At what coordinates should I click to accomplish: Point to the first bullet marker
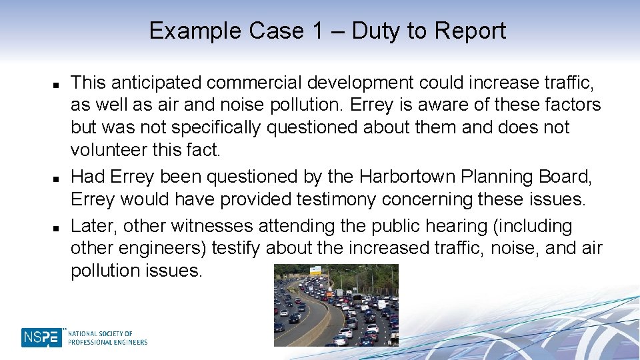point(57,85)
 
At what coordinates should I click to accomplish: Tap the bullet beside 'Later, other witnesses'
point(57,228)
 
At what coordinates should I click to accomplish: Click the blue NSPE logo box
point(41,337)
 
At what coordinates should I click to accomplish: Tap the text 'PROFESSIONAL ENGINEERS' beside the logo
point(107,342)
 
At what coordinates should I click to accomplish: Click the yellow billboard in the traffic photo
point(314,271)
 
